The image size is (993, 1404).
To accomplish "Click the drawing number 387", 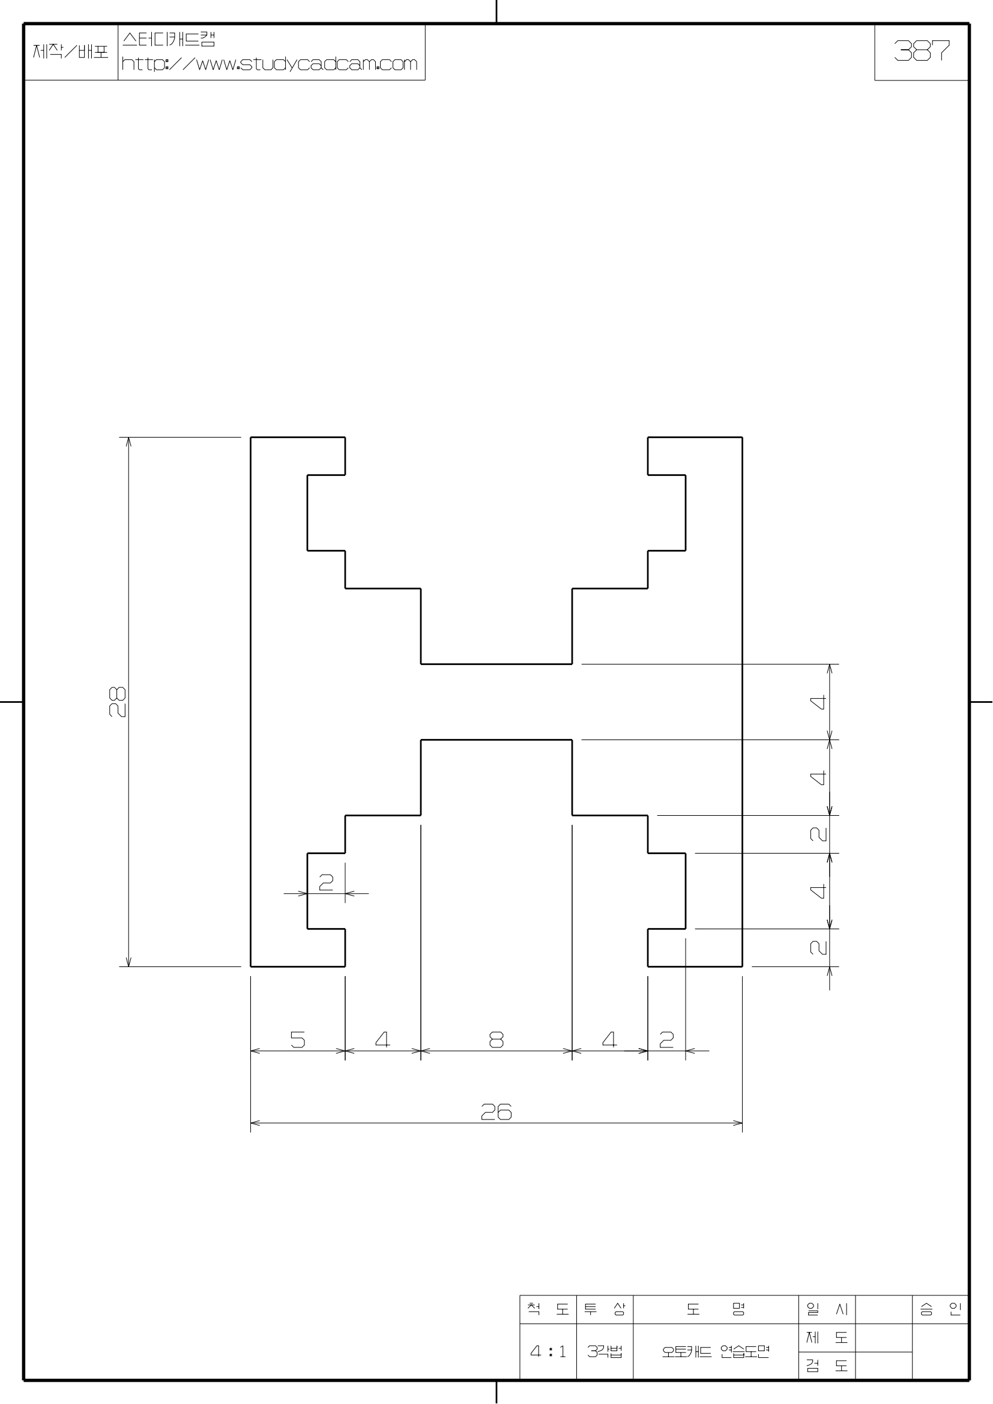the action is [922, 51].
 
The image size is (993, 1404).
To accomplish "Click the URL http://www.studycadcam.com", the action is [270, 64].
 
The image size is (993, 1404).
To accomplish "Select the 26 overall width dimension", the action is [496, 1111].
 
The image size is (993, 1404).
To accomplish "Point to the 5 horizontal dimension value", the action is [298, 1040].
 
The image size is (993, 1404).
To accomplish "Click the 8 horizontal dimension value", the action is [496, 1040].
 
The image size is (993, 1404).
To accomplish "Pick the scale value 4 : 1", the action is [548, 1351].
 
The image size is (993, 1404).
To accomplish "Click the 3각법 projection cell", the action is [605, 1351].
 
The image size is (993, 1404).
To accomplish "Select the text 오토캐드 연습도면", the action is [716, 1351].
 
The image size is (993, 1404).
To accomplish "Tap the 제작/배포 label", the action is [70, 52].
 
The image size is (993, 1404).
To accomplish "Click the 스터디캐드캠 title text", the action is [169, 40].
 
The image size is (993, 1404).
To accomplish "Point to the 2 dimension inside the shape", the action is [326, 882].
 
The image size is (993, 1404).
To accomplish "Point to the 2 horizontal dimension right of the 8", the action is [666, 1040].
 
